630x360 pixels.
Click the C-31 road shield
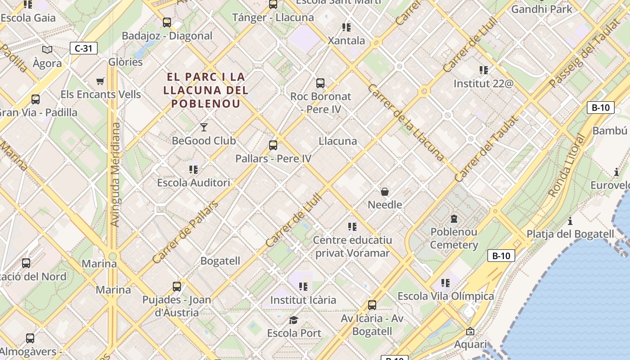pyautogui.click(x=84, y=48)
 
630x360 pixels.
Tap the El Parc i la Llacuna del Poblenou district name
pyautogui.click(x=206, y=90)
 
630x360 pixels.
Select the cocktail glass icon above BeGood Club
pyautogui.click(x=204, y=127)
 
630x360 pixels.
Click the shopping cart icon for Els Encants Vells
pyautogui.click(x=100, y=81)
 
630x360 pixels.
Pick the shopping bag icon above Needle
pyautogui.click(x=385, y=192)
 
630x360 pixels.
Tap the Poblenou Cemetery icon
pyautogui.click(x=454, y=219)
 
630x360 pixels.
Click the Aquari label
pyautogui.click(x=470, y=344)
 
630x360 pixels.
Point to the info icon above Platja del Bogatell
pyautogui.click(x=570, y=221)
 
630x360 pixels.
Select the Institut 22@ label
pyautogui.click(x=483, y=84)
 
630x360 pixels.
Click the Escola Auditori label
pyautogui.click(x=193, y=183)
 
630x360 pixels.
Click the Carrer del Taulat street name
pyautogui.click(x=486, y=149)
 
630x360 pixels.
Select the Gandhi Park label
pyautogui.click(x=542, y=9)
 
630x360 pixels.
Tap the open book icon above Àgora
pyautogui.click(x=47, y=49)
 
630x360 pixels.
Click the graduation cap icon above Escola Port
pyautogui.click(x=294, y=320)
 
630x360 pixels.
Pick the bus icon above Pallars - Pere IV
pyautogui.click(x=273, y=145)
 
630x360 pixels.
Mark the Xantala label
pyautogui.click(x=346, y=40)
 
